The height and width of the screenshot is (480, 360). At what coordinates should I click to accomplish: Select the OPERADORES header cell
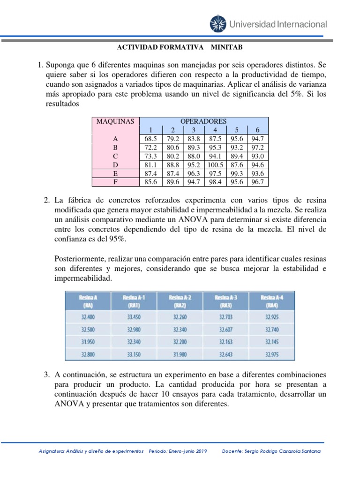click(x=204, y=121)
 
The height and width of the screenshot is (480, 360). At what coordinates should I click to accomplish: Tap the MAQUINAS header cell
click(x=115, y=121)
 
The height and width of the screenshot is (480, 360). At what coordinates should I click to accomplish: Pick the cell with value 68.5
click(x=150, y=139)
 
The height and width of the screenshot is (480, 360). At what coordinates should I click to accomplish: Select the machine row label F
click(x=115, y=182)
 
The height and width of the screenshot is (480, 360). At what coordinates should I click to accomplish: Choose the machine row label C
click(x=115, y=156)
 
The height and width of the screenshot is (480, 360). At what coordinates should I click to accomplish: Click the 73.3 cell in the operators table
click(x=150, y=156)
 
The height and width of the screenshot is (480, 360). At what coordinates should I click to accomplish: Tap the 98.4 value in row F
click(x=215, y=182)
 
